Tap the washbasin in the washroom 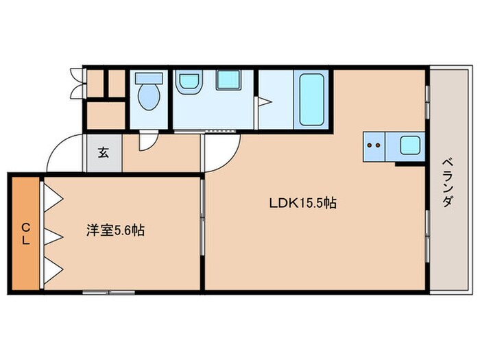pyautogui.click(x=189, y=82)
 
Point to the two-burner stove pyautogui.click(x=374, y=145)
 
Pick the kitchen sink pyautogui.click(x=410, y=145)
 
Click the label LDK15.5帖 pyautogui.click(x=302, y=203)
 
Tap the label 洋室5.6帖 pyautogui.click(x=115, y=231)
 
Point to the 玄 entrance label pyautogui.click(x=103, y=153)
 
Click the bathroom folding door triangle pyautogui.click(x=263, y=103)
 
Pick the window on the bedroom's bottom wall pyautogui.click(x=108, y=292)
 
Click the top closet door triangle pyautogui.click(x=53, y=197)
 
